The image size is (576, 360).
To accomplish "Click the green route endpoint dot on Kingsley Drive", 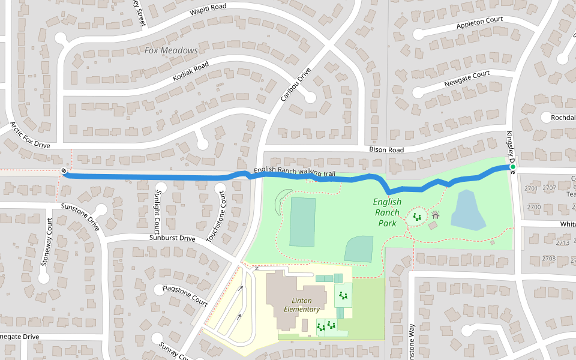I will coord(513,167).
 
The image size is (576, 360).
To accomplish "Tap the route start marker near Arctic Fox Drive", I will coord(64,172).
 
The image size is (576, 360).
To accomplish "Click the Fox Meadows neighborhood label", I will coord(171,50).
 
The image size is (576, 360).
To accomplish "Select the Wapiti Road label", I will coord(209,9).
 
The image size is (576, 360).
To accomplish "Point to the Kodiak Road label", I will coord(190,71).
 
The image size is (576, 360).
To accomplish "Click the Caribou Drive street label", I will coord(296,84).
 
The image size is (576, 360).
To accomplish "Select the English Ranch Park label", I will coord(387,212).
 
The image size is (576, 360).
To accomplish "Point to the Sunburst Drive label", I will coord(172,238).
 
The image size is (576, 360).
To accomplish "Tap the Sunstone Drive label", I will coord(80,217).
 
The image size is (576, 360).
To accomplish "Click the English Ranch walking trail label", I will coord(294,172).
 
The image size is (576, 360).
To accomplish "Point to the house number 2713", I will coord(562,243).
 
